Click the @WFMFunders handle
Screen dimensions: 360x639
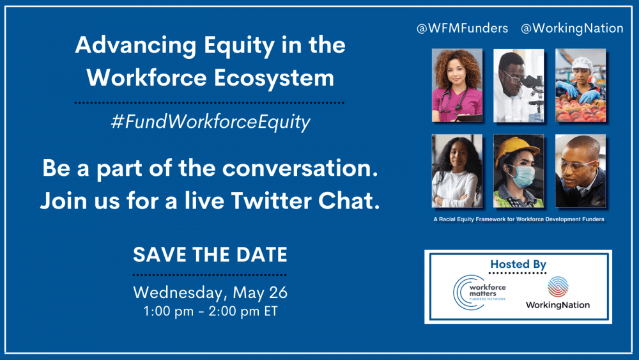(463, 29)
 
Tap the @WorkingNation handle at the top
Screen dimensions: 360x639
(572, 29)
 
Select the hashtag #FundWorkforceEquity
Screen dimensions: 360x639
(210, 122)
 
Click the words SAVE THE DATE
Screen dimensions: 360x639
(210, 254)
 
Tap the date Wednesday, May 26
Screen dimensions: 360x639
(210, 293)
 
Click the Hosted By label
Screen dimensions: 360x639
(518, 264)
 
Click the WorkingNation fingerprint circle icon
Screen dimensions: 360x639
(557, 286)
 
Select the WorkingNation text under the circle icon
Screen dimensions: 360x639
(557, 305)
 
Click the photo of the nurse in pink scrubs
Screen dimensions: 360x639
(456, 85)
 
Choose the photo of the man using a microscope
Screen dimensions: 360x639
(518, 85)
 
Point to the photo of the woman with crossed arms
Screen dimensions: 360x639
(456, 171)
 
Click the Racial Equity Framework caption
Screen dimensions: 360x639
(518, 219)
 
